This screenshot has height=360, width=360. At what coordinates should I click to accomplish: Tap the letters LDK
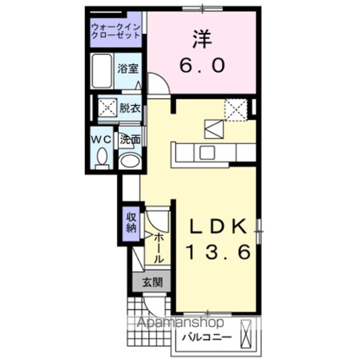pyautogui.click(x=216, y=226)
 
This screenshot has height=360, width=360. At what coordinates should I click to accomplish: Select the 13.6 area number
pyautogui.click(x=216, y=252)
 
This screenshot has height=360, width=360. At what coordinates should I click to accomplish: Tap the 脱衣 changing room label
pyautogui.click(x=130, y=108)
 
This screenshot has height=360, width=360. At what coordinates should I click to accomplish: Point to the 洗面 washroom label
pyautogui.click(x=131, y=140)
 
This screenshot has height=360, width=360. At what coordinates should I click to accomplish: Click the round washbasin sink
pyautogui.click(x=131, y=161)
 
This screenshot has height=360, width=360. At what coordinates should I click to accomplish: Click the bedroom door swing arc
pyautogui.click(x=158, y=86)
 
